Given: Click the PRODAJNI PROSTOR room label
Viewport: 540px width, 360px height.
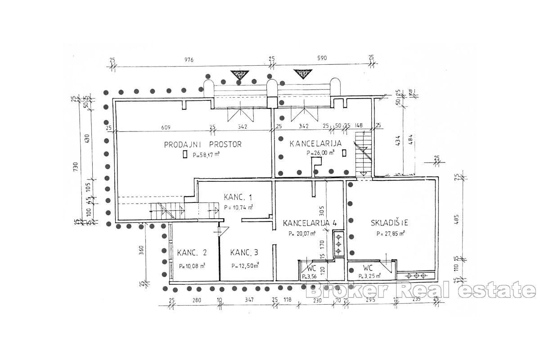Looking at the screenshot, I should pyautogui.click(x=202, y=144).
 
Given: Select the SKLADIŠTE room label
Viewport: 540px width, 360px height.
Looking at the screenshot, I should pyautogui.click(x=389, y=222).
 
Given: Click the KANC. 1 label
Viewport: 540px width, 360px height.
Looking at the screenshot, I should pyautogui.click(x=238, y=197).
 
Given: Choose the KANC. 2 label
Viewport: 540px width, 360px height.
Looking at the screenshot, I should pyautogui.click(x=192, y=252).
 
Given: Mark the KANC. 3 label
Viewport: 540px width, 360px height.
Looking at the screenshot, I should pyautogui.click(x=245, y=252).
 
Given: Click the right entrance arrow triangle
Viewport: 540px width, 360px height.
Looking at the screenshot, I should pyautogui.click(x=302, y=73).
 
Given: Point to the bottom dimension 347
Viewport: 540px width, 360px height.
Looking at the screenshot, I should pyautogui.click(x=247, y=300).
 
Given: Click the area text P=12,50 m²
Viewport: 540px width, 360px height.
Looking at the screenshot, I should pyautogui.click(x=245, y=265).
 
